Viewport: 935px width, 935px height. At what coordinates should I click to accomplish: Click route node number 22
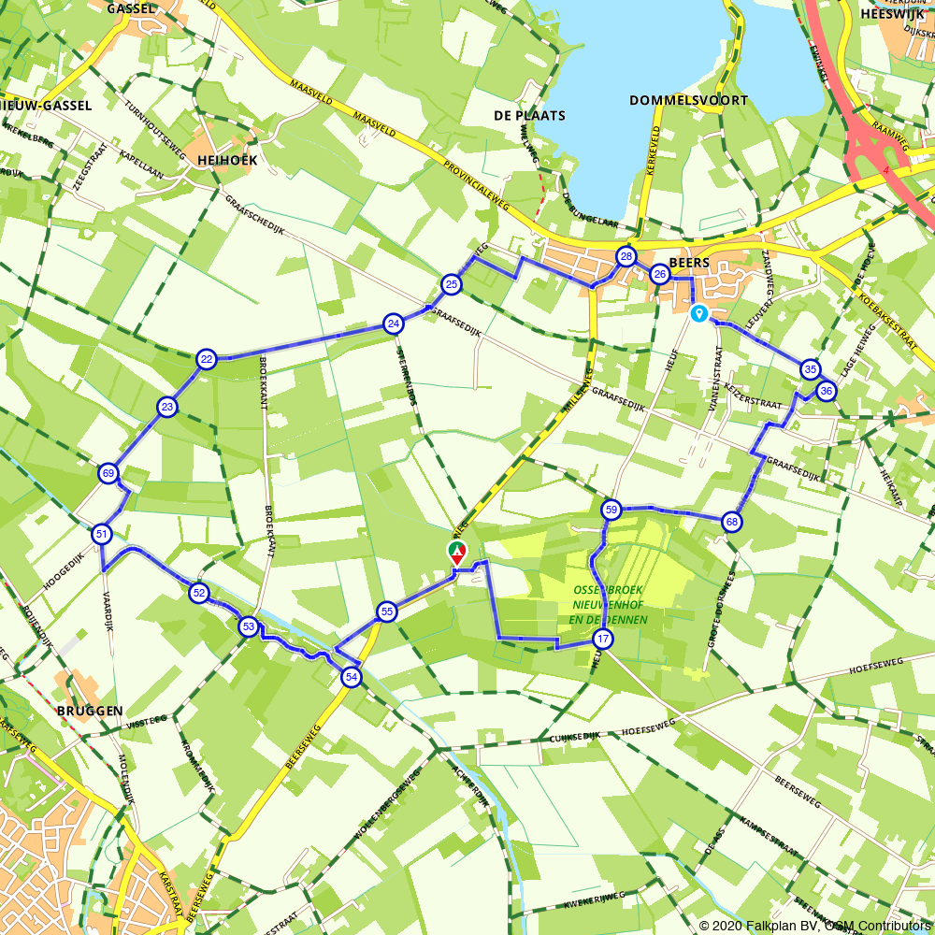[x=207, y=359]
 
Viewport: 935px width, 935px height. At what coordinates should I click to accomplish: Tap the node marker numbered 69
[x=108, y=473]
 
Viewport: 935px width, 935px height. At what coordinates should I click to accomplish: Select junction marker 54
[x=351, y=677]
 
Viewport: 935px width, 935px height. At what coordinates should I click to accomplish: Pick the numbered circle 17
[x=602, y=640]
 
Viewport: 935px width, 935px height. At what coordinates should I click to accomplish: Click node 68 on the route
[x=731, y=522]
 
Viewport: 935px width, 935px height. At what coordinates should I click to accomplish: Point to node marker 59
[x=611, y=510]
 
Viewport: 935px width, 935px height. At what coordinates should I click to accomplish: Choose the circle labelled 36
[x=826, y=391]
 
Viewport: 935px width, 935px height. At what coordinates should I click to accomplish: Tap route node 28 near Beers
[x=626, y=256]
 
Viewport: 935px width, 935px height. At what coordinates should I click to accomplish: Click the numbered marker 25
[x=451, y=283]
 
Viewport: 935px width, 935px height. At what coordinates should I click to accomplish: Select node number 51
[x=102, y=535]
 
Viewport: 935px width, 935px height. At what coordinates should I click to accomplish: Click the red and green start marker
[x=456, y=552]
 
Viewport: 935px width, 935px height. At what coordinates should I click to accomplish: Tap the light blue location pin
[x=698, y=314]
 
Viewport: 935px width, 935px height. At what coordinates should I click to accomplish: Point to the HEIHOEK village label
[x=227, y=160]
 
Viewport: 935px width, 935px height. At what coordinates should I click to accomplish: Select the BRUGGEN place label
[x=90, y=711]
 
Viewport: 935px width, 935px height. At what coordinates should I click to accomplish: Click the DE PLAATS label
[x=529, y=116]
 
